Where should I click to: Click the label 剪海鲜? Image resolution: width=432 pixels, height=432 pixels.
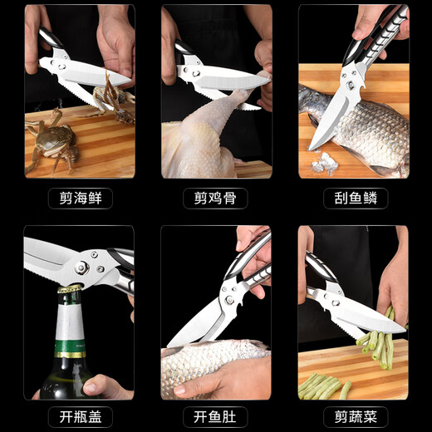(x=80, y=199)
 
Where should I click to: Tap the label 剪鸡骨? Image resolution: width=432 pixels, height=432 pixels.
(x=216, y=199)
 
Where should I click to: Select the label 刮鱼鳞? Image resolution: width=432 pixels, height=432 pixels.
(x=352, y=199)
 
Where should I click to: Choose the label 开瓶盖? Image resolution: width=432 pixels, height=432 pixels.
(x=80, y=415)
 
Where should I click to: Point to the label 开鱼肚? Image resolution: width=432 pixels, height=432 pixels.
(x=216, y=415)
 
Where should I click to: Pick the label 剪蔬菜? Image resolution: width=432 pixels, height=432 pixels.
(x=352, y=415)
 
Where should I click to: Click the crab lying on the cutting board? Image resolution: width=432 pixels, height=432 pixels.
(x=50, y=141)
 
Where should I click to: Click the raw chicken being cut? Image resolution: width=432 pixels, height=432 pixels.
(x=204, y=141)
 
